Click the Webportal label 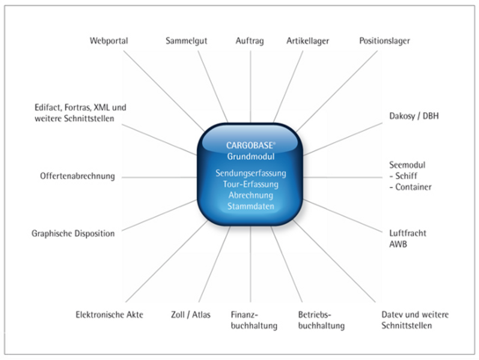109,41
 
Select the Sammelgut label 186,41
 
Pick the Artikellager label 307,41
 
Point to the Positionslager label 384,41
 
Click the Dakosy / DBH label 414,116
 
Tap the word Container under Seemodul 413,187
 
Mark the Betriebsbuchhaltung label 321,320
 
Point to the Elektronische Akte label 110,314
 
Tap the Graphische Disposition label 73,233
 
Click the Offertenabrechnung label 77,176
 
